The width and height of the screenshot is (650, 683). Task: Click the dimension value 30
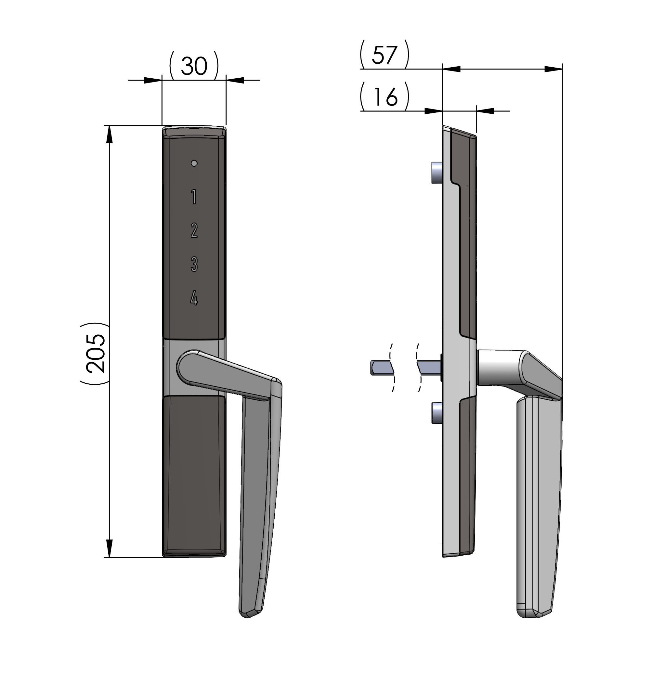pos(194,66)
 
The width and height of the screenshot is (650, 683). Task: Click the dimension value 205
pos(95,354)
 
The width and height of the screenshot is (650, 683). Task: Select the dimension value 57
pos(384,55)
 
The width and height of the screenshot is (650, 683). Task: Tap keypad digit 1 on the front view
pos(194,197)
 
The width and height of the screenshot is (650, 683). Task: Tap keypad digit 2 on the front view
pos(194,230)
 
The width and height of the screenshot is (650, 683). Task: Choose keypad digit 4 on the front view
pos(194,298)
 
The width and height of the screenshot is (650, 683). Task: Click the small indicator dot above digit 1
pos(194,163)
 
